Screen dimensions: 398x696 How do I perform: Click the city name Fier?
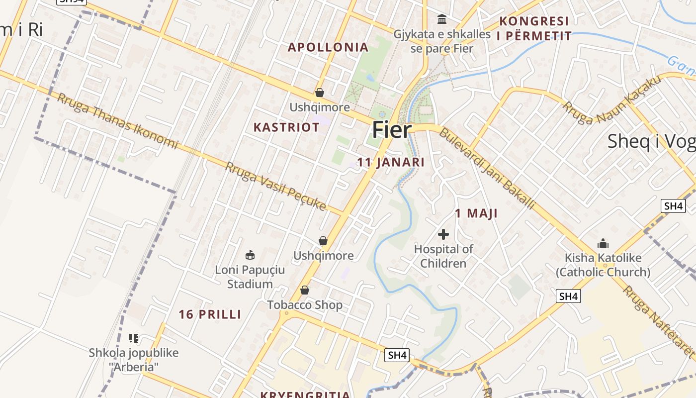pos(392,130)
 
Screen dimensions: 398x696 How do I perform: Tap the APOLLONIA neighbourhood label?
pos(328,47)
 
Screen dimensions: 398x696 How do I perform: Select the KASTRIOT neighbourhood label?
pos(286,127)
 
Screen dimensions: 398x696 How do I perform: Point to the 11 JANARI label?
pos(391,162)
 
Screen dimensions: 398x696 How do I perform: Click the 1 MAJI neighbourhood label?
pos(476,213)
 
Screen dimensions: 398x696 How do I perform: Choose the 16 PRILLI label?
pos(210,314)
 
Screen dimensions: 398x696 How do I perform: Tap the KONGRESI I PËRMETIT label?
pos(534,28)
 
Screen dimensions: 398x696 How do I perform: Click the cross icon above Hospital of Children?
pos(443,234)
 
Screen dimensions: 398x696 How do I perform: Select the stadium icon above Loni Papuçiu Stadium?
pos(250,255)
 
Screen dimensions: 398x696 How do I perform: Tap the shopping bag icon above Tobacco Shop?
pos(305,290)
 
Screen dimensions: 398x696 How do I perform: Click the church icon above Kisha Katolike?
pos(603,243)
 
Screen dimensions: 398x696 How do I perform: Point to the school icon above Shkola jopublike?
pos(133,338)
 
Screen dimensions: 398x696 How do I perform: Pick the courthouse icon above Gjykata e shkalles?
pos(441,19)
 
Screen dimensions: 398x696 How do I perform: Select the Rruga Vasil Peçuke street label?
pos(275,186)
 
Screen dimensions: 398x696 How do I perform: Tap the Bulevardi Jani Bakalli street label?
pos(487,169)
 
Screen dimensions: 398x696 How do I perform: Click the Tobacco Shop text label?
pos(305,305)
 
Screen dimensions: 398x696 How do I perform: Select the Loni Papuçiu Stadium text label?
pos(250,277)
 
